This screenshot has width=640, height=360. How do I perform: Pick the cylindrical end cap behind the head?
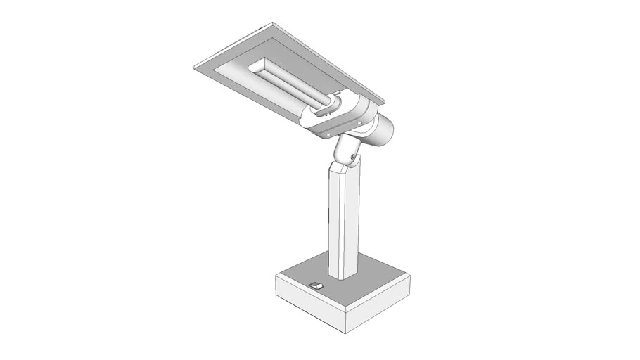[384, 131]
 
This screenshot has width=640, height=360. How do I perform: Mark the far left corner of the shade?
[195, 67]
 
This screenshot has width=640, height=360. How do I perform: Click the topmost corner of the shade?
[271, 24]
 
